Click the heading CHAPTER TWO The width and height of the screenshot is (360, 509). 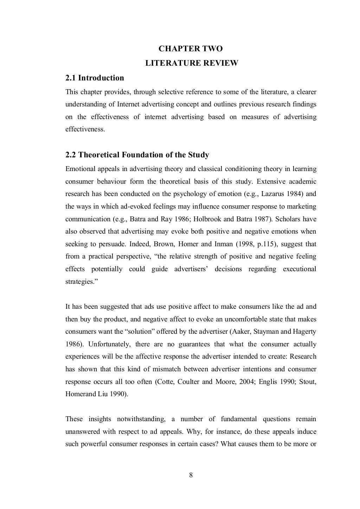[x=191, y=48]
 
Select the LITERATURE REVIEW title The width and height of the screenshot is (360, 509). [x=192, y=63]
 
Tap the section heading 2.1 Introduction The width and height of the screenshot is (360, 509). [x=95, y=78]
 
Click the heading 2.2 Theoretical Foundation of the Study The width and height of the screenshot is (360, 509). [x=137, y=155]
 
